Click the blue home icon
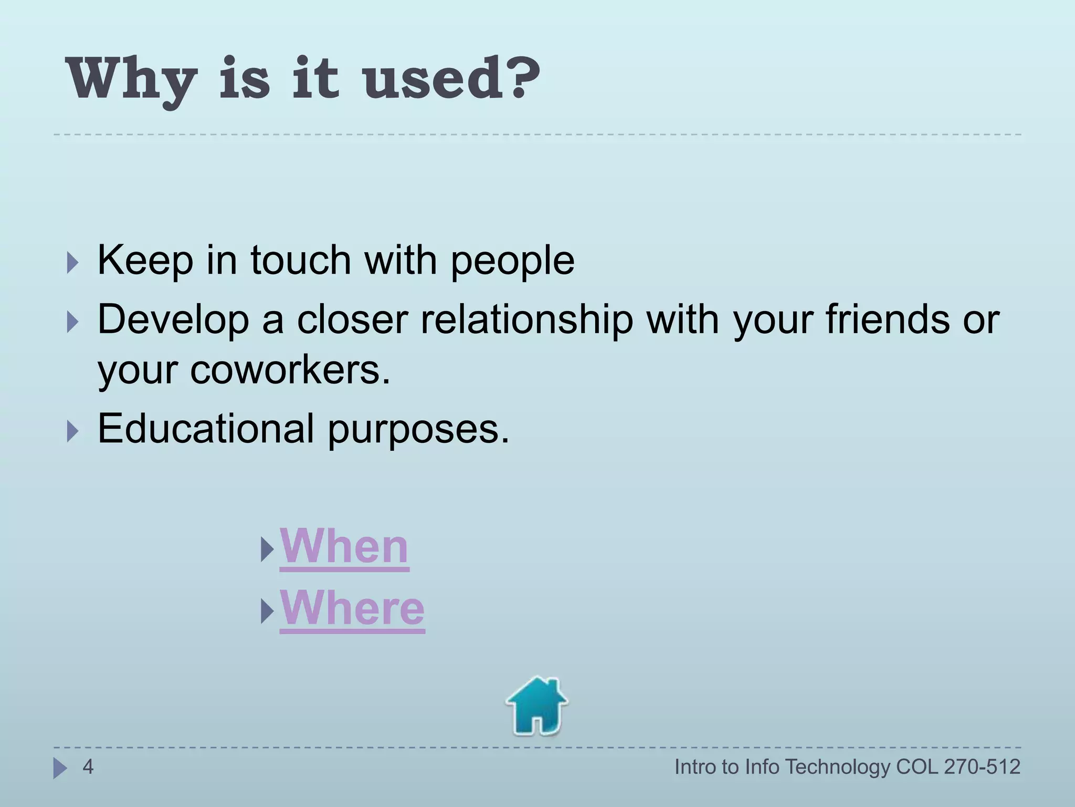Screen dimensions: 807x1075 point(536,706)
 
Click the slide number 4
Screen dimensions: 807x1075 point(88,767)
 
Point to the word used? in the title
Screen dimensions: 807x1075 point(451,79)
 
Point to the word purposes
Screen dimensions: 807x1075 point(418,430)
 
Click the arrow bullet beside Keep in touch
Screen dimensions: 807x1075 point(73,262)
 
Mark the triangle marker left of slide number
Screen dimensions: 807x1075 point(60,768)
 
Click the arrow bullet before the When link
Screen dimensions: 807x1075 point(267,550)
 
